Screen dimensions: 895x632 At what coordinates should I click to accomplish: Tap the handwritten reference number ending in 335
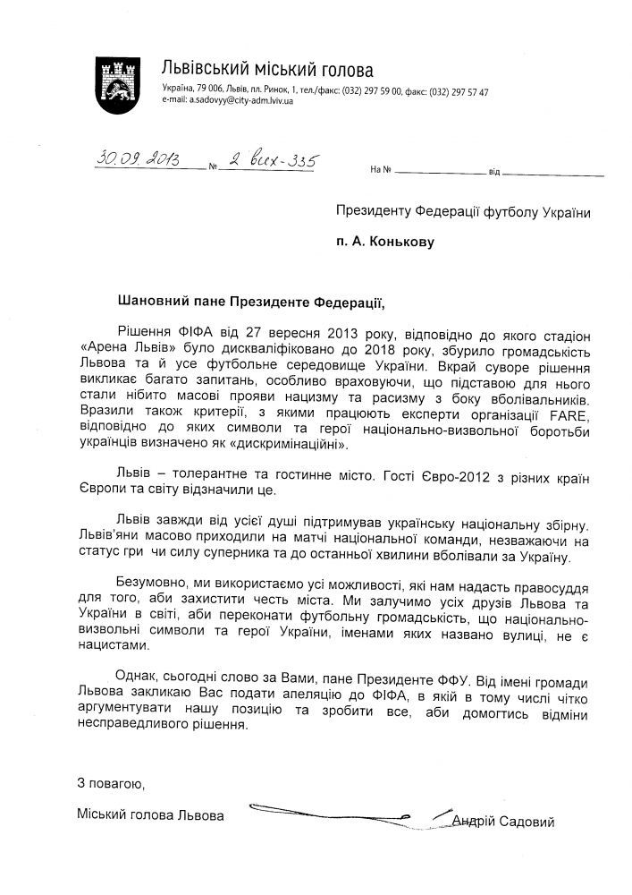[270, 161]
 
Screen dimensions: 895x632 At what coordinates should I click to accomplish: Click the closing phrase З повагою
[111, 784]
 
